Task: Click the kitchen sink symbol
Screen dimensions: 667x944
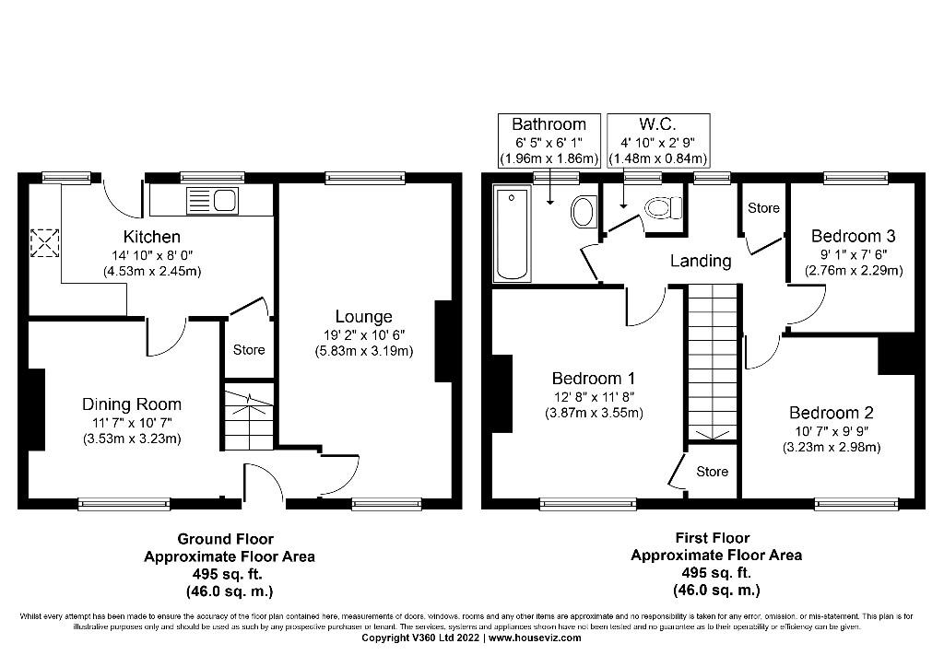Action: point(212,199)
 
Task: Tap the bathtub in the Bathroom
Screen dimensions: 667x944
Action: point(512,234)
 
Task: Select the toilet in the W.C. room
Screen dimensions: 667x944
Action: point(660,209)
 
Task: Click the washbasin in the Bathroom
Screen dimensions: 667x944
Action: point(583,213)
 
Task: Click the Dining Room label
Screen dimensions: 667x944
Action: point(132,404)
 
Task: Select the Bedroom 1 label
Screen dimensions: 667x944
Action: point(593,379)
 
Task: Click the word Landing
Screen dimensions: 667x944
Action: point(701,261)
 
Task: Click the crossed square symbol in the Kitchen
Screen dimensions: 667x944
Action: point(43,243)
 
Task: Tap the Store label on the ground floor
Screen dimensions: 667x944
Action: point(249,350)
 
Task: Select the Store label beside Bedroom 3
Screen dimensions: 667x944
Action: point(763,209)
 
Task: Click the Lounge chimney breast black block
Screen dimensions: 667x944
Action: point(442,340)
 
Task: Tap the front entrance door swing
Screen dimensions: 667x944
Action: point(262,483)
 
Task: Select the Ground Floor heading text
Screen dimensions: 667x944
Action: point(225,539)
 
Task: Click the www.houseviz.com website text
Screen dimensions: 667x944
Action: point(535,638)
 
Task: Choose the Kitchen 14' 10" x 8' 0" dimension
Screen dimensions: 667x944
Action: point(152,255)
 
